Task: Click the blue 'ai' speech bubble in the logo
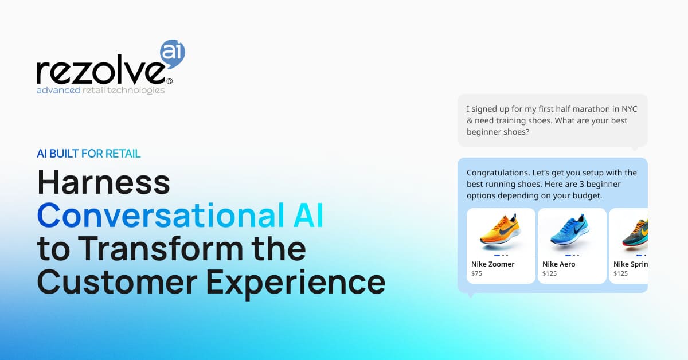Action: coord(173,53)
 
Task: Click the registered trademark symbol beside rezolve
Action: coord(169,81)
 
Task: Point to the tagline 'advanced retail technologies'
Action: coord(101,91)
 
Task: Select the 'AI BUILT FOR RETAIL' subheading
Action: coord(88,154)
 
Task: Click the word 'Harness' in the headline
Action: coord(104,182)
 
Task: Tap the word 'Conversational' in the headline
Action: coord(161,215)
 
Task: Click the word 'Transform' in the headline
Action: coord(163,248)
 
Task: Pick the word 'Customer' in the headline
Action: coord(117,281)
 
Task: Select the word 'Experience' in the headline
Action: coord(295,284)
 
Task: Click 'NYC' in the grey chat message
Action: coord(630,109)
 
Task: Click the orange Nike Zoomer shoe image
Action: coord(501,231)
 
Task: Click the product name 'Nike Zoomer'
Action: coord(492,264)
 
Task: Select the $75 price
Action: coord(476,273)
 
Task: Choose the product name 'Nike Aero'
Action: coord(558,264)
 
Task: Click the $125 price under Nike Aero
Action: coord(549,273)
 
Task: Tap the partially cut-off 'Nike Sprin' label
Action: coord(631,264)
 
